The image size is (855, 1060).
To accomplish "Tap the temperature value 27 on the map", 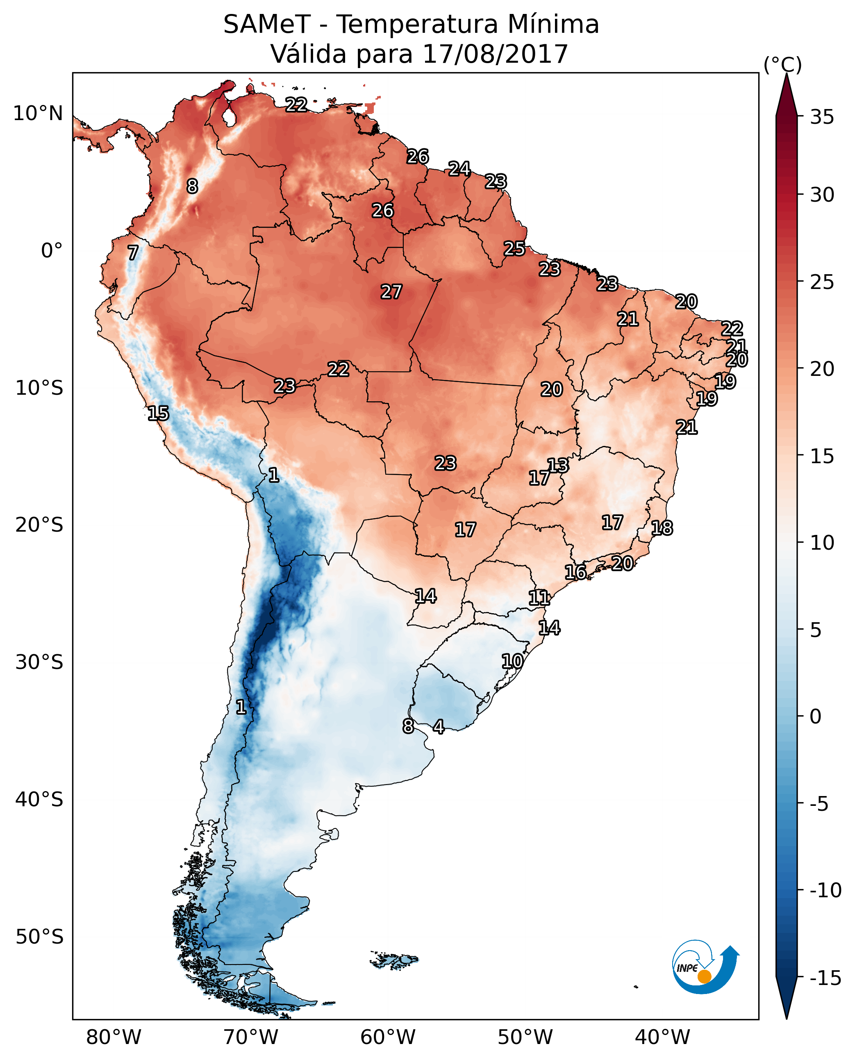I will coord(391,292).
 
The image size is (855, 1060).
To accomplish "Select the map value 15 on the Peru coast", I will coord(158,413).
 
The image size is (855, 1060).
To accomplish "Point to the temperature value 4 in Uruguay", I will coord(438,726).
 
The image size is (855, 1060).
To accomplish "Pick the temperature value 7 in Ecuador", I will coord(133,252).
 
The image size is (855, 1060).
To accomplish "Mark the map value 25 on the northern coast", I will coord(514,249).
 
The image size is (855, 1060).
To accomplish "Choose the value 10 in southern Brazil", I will coord(512,661).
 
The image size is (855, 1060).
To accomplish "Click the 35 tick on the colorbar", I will coord(822,117).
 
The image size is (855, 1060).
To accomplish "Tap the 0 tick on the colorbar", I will coord(816,717).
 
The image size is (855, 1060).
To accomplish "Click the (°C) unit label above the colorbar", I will coord(782,64).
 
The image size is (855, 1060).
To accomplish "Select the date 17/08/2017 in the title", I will coord(495,54).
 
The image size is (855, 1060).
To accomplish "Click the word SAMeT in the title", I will coord(266,24).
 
